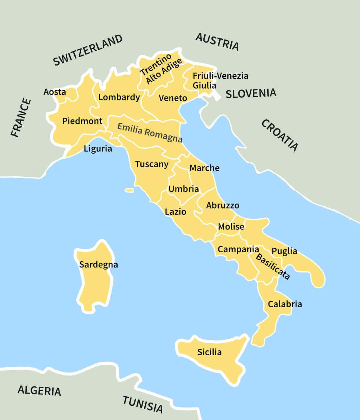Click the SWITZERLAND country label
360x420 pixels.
[88, 50]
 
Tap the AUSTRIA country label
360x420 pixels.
[217, 42]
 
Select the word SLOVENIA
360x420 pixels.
[251, 93]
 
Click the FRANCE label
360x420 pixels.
[21, 117]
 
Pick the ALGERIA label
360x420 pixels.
[39, 390]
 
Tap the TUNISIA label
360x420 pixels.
[143, 404]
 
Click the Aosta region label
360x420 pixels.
[55, 92]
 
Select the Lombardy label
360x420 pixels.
[119, 97]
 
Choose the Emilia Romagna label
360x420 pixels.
[150, 132]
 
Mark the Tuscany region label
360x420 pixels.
[151, 164]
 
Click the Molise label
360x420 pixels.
[231, 226]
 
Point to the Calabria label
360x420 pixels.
[285, 304]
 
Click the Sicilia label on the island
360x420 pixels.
[209, 352]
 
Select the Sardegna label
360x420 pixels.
[98, 265]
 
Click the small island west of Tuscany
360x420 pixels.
[129, 190]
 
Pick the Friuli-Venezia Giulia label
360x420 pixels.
[220, 80]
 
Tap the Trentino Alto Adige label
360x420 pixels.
[161, 70]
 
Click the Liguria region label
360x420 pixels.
[98, 148]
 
